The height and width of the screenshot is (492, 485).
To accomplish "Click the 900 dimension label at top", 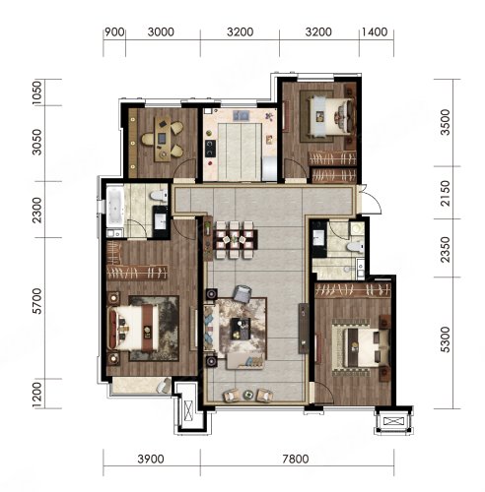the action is click(114, 32).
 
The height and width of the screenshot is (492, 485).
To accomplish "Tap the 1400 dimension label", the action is click(375, 32).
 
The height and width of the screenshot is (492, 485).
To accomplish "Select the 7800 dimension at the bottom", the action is click(296, 459).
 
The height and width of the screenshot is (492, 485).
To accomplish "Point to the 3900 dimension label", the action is click(151, 459).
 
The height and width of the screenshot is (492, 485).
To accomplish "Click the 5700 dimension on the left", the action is click(37, 301).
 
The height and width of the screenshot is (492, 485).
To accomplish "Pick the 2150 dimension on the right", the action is click(446, 193).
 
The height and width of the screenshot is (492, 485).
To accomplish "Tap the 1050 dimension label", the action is click(37, 92).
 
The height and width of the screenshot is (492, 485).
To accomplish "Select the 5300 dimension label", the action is click(446, 339).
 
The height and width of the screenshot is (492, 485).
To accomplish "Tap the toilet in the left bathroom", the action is click(159, 196).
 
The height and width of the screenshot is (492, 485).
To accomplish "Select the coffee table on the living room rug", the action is click(241, 329).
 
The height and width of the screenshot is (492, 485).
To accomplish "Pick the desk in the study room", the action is click(163, 140).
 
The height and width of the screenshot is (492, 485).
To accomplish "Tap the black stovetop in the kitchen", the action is click(210, 149).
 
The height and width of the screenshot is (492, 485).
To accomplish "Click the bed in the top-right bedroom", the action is click(332, 116).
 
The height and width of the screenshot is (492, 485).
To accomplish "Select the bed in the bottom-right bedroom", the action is click(361, 347).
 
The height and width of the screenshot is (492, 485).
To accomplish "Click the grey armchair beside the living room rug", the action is click(242, 293).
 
